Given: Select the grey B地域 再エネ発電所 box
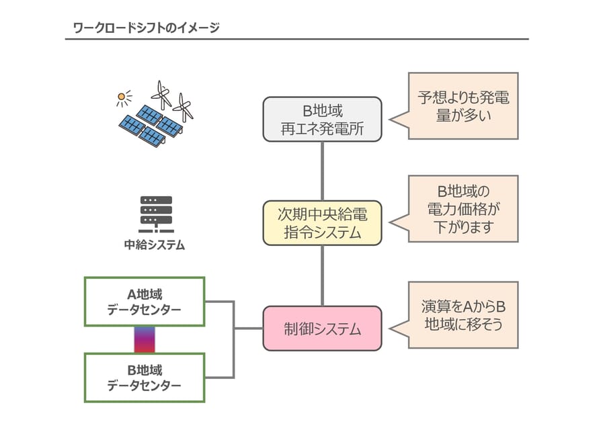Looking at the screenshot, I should click(322, 119).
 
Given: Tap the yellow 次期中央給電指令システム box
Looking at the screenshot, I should click(322, 223).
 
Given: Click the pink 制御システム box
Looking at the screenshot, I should click(322, 329).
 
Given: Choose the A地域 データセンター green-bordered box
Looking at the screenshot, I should click(144, 302).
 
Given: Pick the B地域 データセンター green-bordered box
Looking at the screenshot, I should click(144, 378).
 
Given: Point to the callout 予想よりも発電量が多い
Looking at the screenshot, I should click(463, 106).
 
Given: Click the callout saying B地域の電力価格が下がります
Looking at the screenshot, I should click(463, 209).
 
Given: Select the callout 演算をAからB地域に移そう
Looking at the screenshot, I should click(463, 315).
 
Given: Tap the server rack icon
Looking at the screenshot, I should click(156, 214).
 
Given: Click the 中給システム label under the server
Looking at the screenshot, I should click(155, 245).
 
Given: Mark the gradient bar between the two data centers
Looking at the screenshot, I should click(145, 340).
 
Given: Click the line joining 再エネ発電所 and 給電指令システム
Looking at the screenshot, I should click(323, 171).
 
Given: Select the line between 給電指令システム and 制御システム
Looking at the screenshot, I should click(323, 275).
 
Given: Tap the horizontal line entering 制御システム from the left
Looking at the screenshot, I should click(248, 329).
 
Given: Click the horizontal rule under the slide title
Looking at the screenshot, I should click(296, 40).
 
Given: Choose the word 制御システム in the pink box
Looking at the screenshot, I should click(322, 329).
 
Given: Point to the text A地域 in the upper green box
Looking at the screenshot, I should click(144, 294).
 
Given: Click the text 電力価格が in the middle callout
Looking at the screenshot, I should click(463, 209).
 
